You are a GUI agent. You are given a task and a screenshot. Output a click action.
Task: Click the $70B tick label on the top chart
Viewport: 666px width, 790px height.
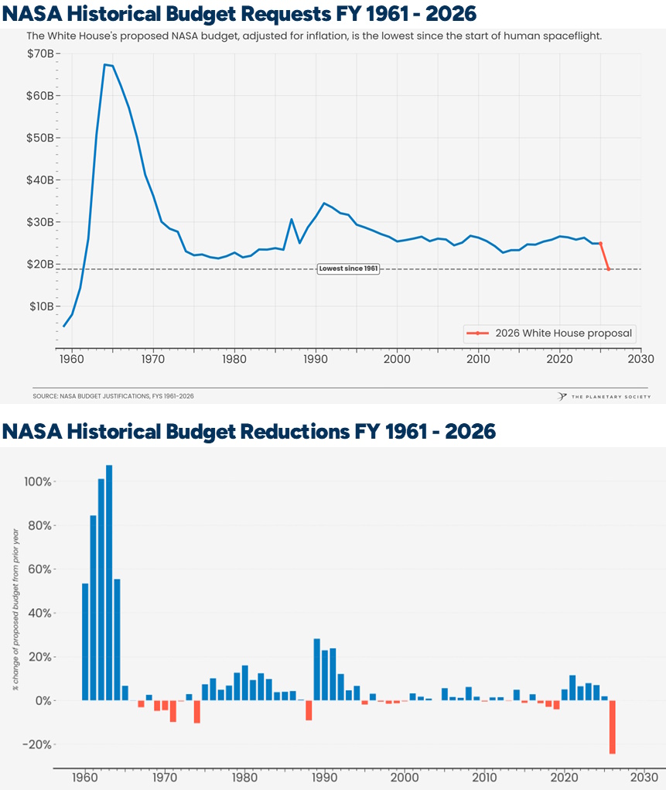tap(40, 54)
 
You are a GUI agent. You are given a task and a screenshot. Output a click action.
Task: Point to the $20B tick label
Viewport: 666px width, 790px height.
tap(40, 264)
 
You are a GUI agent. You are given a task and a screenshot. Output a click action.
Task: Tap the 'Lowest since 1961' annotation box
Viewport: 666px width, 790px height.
tap(348, 268)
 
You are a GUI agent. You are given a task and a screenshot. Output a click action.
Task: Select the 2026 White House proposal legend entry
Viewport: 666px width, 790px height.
tap(549, 333)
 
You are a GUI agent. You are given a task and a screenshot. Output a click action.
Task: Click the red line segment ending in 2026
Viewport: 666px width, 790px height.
tap(605, 257)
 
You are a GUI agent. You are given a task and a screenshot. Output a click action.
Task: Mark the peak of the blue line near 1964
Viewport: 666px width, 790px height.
tap(105, 65)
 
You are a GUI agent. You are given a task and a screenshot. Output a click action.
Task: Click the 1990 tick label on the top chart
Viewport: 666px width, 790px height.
tap(315, 359)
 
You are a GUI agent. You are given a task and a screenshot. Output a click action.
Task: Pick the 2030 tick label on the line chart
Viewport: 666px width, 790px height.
tap(640, 359)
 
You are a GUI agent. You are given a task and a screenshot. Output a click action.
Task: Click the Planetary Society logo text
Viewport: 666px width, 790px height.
tap(610, 396)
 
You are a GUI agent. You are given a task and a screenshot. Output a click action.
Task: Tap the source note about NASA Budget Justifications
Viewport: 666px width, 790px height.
tap(113, 396)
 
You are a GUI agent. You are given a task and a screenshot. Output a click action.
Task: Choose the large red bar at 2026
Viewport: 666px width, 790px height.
tap(613, 727)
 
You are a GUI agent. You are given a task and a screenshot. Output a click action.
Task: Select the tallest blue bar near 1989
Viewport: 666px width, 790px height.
tap(316, 669)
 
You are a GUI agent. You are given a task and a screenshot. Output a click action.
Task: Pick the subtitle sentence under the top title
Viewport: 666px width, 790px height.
tap(314, 36)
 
